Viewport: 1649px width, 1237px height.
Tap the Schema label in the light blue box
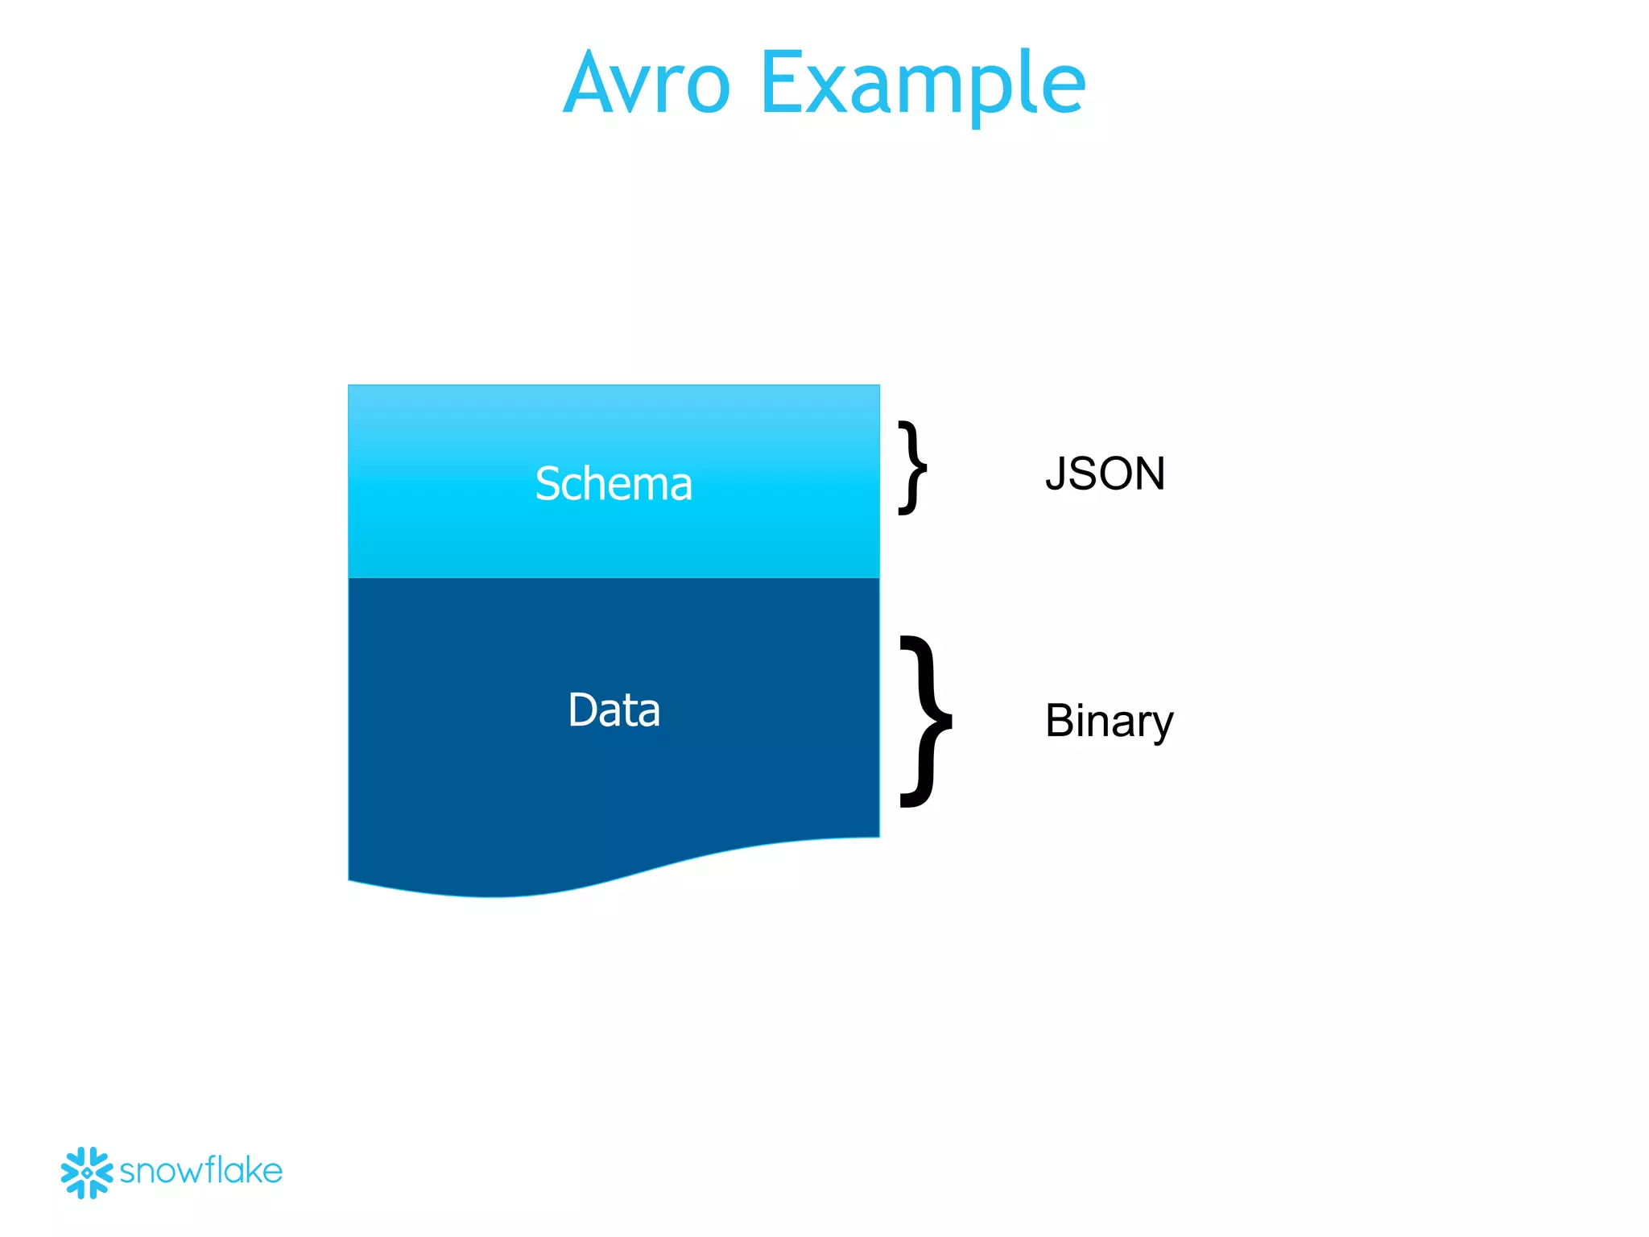pos(614,484)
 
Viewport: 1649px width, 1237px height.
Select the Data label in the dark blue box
pos(614,710)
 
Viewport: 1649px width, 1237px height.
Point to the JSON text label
pos(1105,474)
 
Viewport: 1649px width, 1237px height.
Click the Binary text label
pos(1109,720)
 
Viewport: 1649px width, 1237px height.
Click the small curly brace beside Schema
pos(912,467)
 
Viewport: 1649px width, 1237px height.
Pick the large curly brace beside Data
pos(927,721)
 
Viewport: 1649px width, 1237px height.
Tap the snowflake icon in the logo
pos(86,1173)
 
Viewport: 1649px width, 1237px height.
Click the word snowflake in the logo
pos(201,1171)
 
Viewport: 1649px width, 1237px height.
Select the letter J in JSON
pos(1056,474)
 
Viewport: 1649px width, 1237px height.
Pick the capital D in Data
pos(583,710)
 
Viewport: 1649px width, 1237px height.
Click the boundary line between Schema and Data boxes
pos(614,577)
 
